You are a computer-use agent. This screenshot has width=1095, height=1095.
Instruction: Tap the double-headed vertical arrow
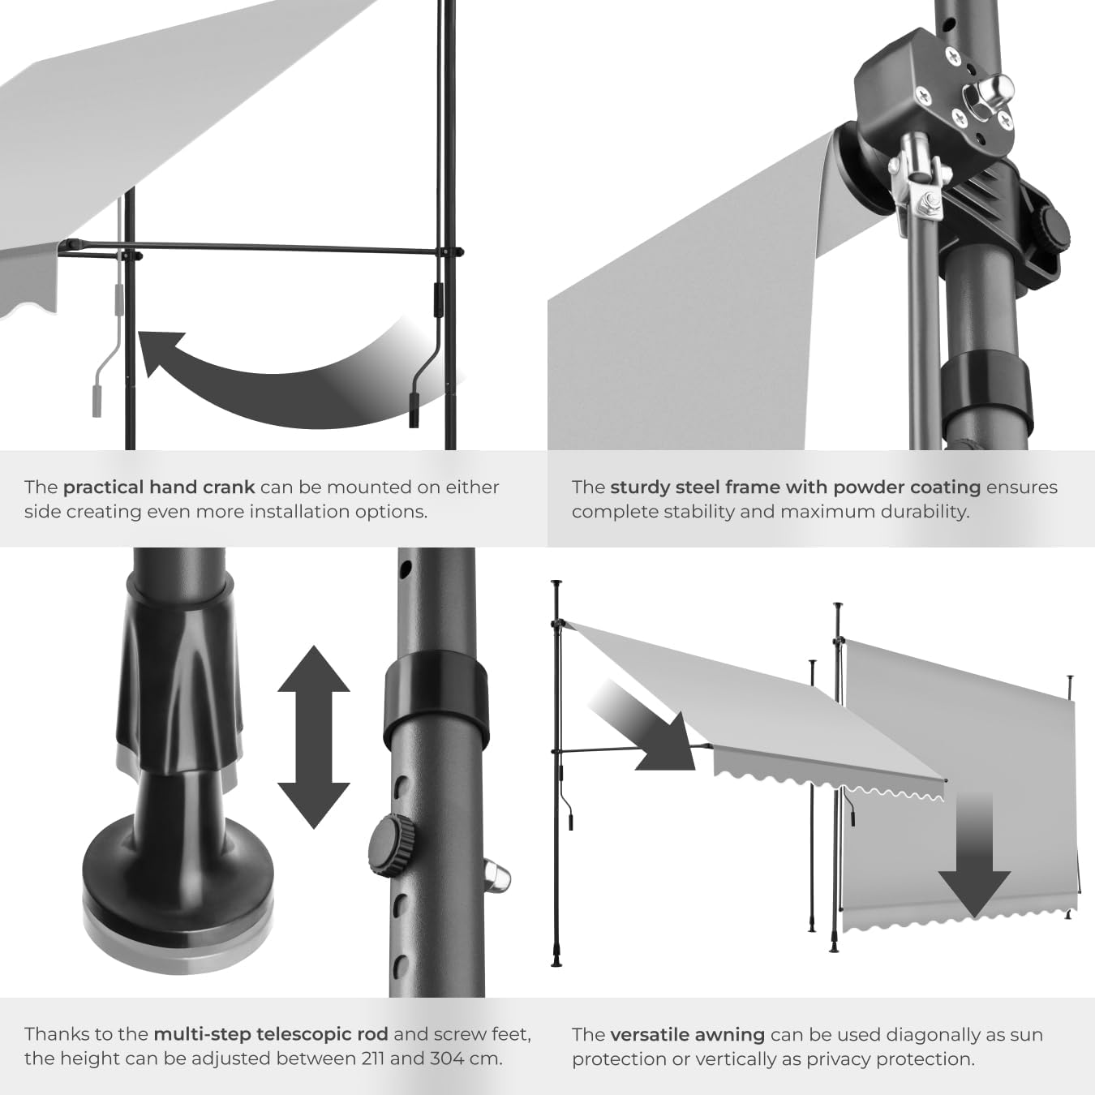314,736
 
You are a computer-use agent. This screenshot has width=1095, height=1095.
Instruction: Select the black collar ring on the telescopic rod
436,689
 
